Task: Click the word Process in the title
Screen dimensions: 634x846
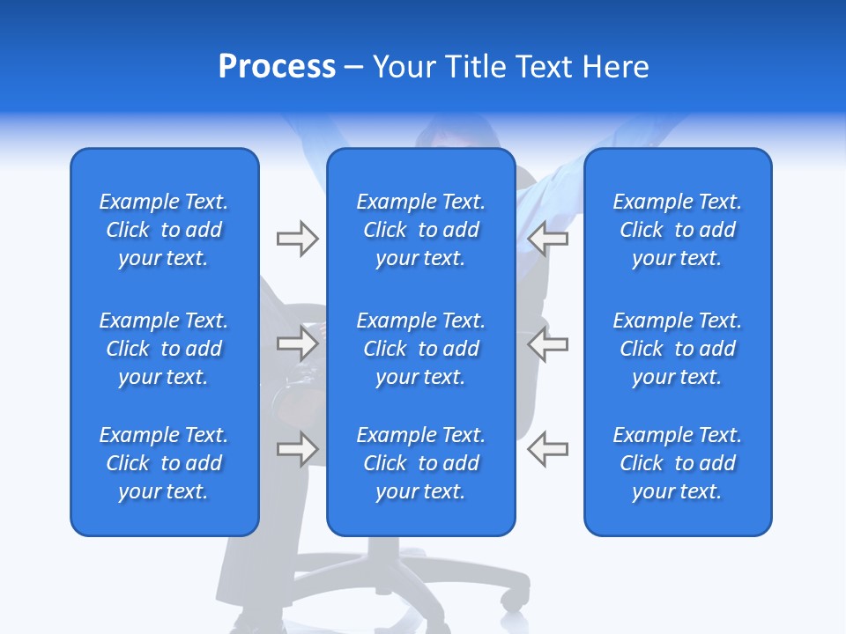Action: [277, 67]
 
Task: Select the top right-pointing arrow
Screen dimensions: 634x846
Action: [297, 239]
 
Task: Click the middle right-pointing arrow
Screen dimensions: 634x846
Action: [297, 344]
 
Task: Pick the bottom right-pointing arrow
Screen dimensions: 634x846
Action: [297, 449]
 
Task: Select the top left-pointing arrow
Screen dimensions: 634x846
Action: [548, 239]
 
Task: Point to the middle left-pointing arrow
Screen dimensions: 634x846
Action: [548, 344]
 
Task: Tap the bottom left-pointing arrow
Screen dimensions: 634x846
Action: [548, 449]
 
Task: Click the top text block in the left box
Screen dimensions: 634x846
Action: [164, 230]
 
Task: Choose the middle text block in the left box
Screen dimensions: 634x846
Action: [164, 349]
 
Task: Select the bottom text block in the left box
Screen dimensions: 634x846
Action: [164, 463]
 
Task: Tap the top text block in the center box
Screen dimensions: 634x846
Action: [420, 230]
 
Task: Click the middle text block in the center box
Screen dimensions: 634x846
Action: [420, 349]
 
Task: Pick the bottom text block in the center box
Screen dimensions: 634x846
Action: [420, 463]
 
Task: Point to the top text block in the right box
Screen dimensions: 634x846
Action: [677, 230]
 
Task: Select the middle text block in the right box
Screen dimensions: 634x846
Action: [677, 349]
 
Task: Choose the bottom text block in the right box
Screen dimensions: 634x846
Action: [677, 463]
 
